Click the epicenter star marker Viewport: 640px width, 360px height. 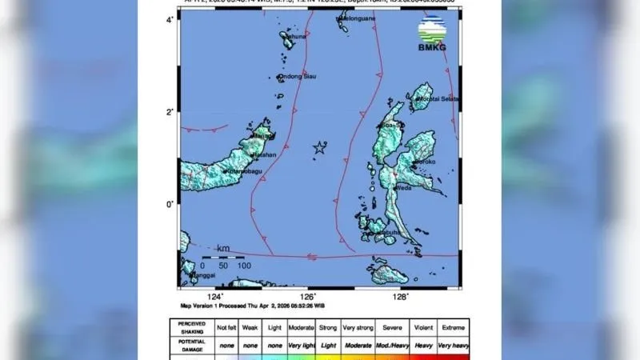320,147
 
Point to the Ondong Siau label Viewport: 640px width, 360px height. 294,77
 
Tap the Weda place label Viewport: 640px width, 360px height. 404,188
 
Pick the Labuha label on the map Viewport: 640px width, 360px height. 390,232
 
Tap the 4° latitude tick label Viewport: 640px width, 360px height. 170,18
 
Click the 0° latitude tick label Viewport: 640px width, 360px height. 170,205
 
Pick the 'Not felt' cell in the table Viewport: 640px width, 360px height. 226,327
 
